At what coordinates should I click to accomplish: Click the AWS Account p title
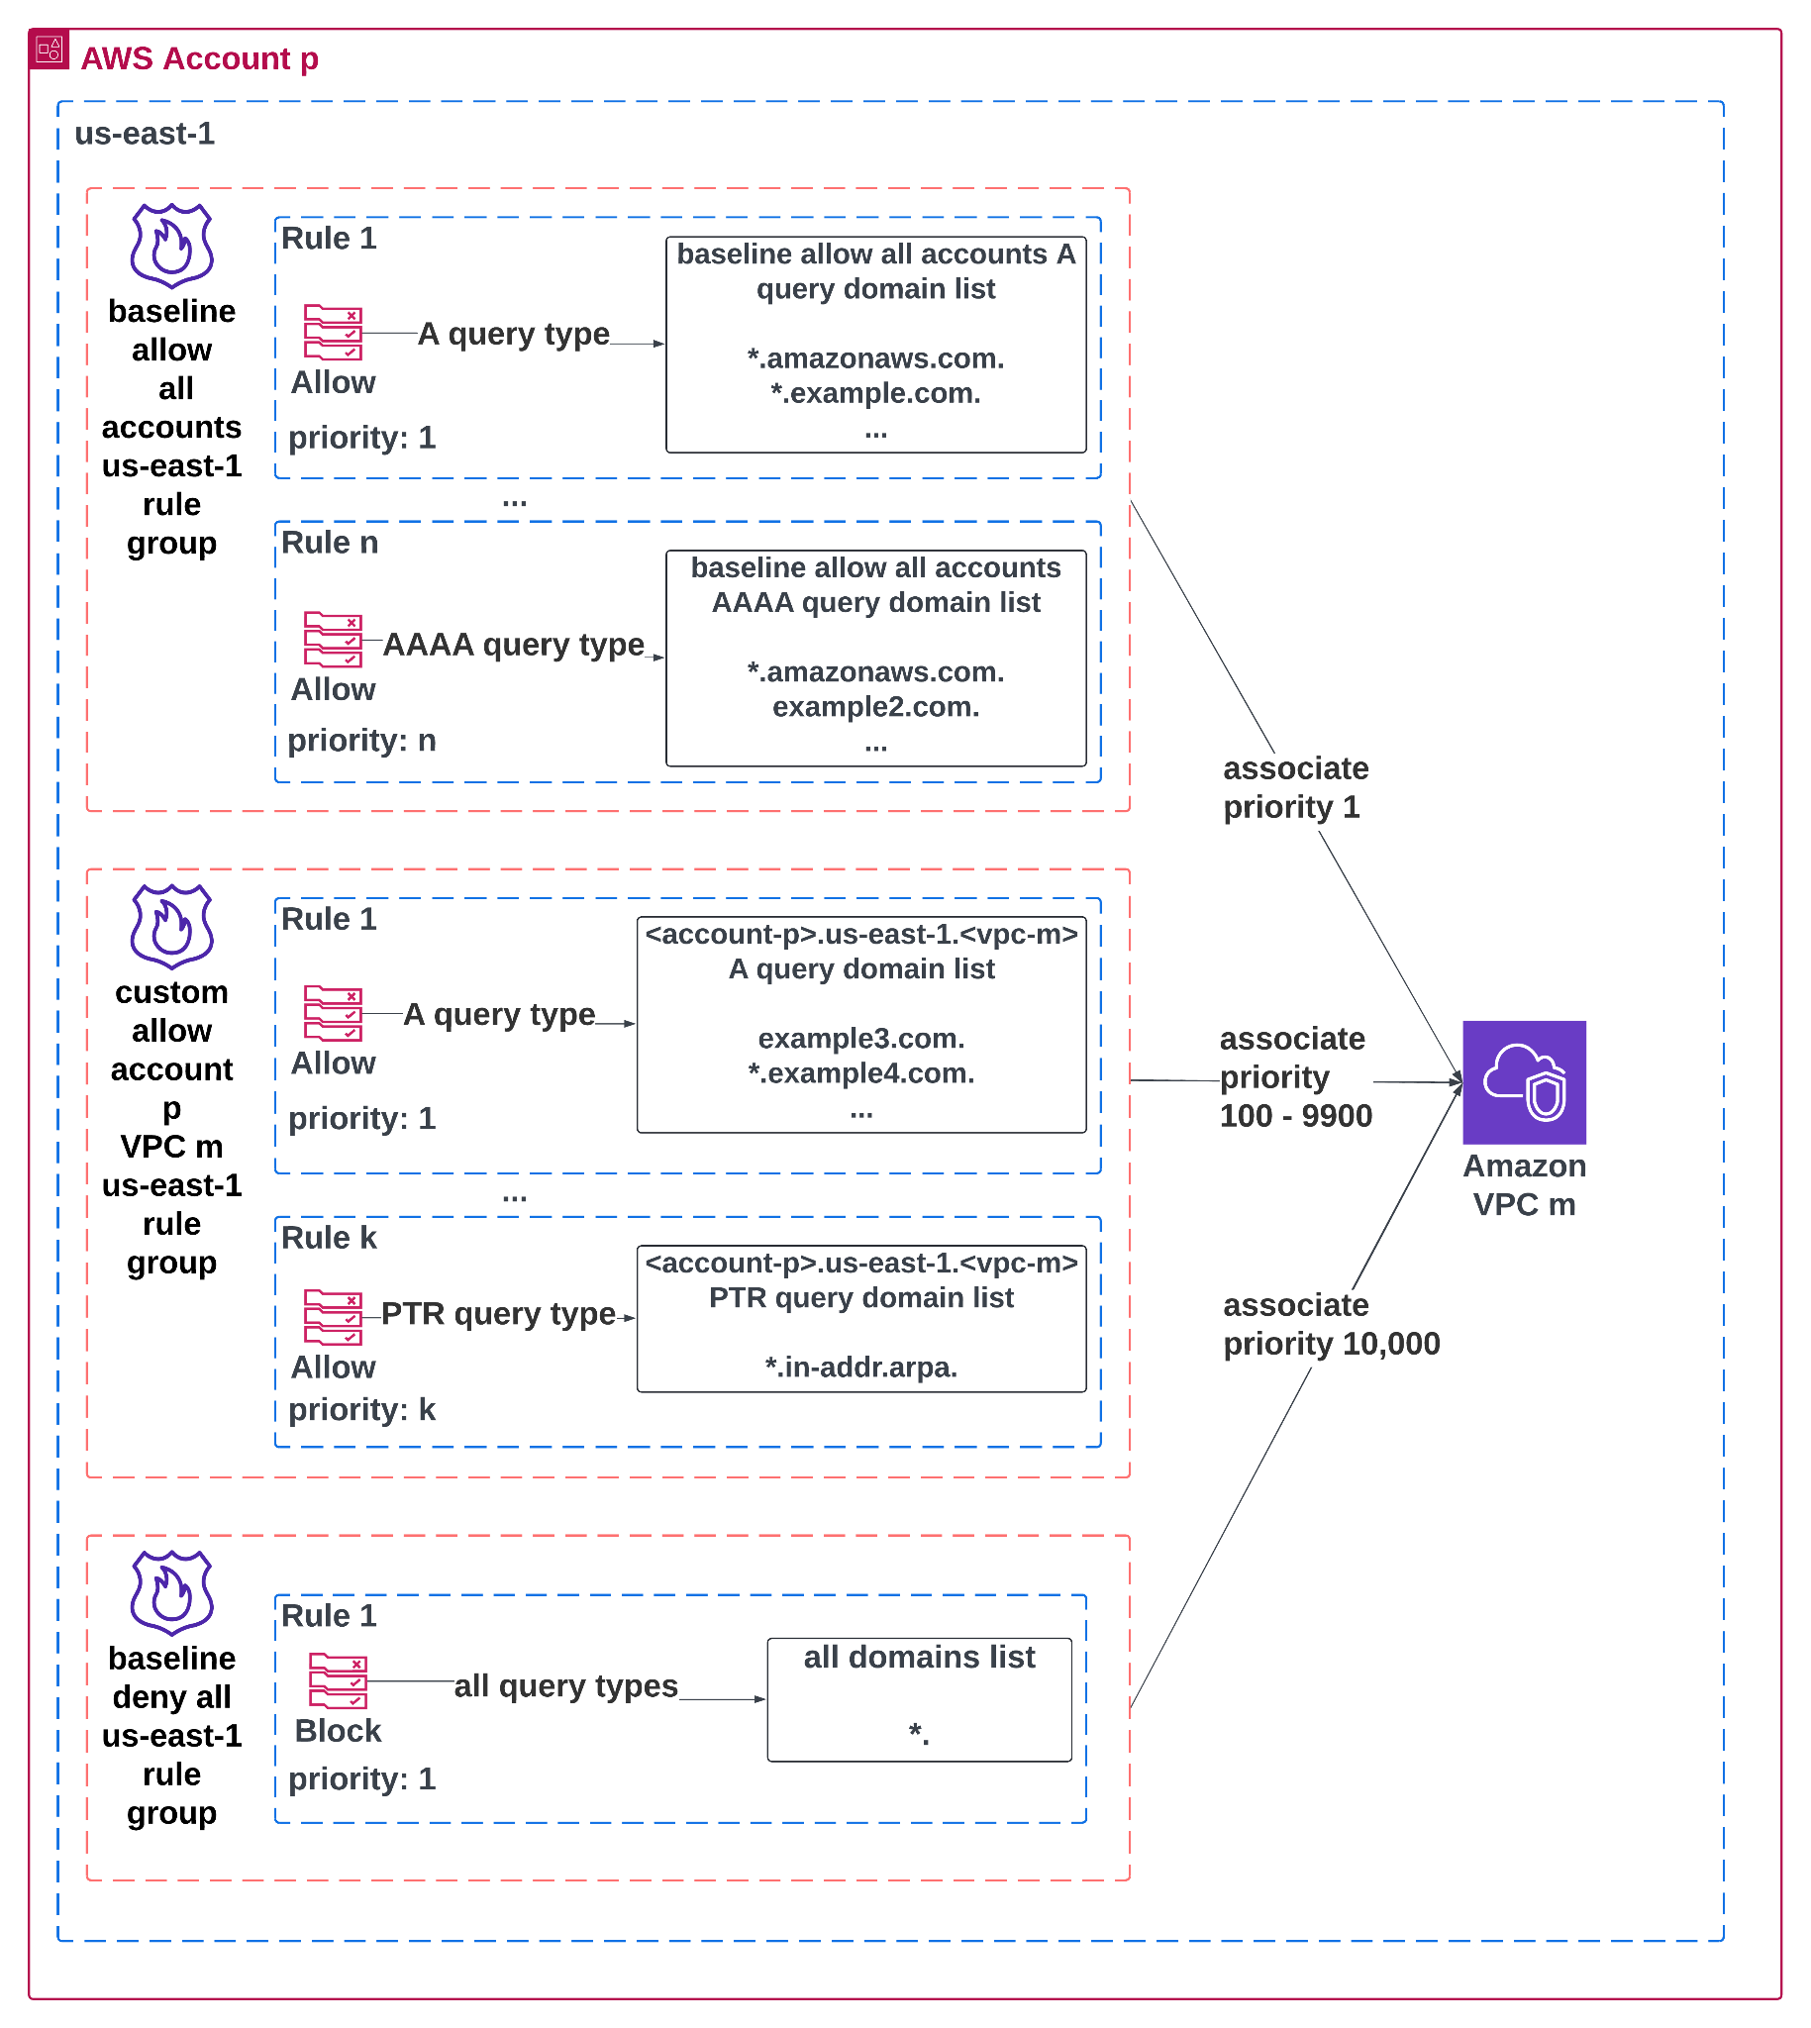coord(199,58)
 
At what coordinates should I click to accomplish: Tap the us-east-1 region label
coord(145,134)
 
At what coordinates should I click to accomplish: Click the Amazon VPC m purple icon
coord(1524,1081)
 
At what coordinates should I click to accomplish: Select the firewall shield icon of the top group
coord(171,246)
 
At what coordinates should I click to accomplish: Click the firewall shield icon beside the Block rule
coord(171,1592)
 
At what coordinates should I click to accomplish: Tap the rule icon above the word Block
coord(338,1680)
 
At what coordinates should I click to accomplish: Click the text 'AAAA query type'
coord(514,645)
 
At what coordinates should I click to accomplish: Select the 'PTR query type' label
coord(497,1313)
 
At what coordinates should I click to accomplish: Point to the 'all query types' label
coord(565,1685)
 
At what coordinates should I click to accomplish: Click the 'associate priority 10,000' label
coord(1330,1324)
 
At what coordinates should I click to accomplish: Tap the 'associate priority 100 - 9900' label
coord(1294,1076)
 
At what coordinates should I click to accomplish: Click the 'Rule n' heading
coord(330,543)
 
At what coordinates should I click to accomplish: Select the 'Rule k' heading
coord(329,1237)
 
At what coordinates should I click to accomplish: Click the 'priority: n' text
coord(361,741)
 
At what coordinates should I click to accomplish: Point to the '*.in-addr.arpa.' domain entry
coord(860,1368)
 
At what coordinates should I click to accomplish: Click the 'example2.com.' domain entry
coord(875,706)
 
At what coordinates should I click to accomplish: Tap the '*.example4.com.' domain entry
coord(860,1072)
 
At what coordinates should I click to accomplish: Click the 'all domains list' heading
coord(919,1657)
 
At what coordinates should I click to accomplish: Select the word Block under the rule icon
coord(338,1731)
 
